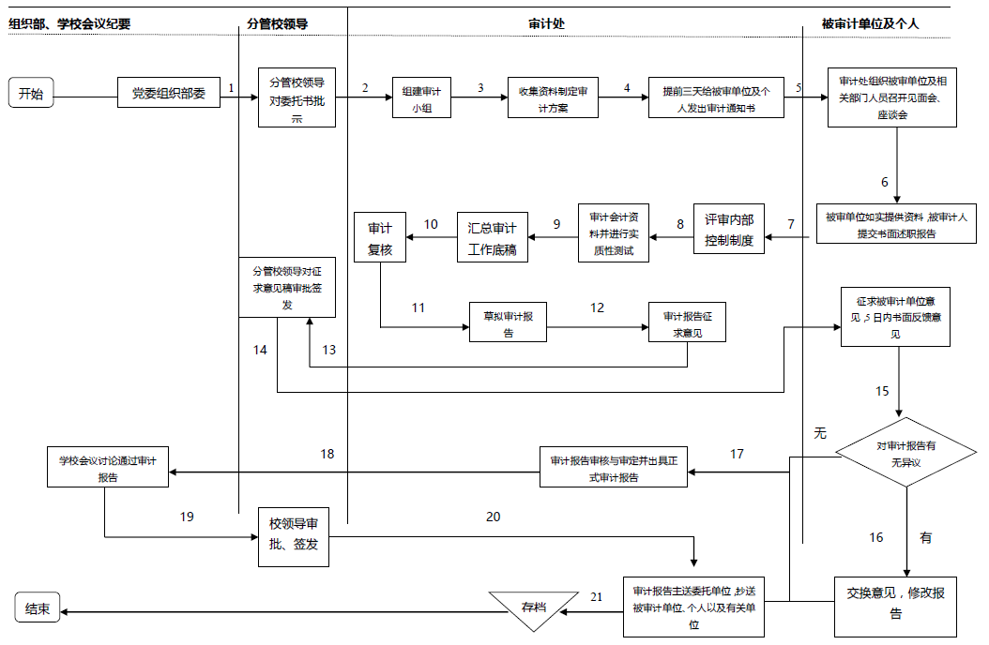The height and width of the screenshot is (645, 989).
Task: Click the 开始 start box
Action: [31, 94]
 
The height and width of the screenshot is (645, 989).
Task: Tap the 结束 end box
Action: [38, 609]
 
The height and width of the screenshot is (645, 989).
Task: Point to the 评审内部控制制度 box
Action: [729, 229]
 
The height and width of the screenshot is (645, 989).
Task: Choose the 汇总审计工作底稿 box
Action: [493, 236]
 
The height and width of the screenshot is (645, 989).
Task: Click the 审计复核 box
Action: [379, 236]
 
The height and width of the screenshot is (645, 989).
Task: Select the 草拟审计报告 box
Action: [508, 324]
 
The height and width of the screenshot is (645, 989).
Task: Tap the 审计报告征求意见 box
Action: [687, 324]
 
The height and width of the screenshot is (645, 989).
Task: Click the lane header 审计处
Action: [546, 23]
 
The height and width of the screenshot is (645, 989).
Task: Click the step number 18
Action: [327, 454]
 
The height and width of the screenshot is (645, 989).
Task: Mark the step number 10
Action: [431, 224]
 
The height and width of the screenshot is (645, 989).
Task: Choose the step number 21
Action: [597, 596]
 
